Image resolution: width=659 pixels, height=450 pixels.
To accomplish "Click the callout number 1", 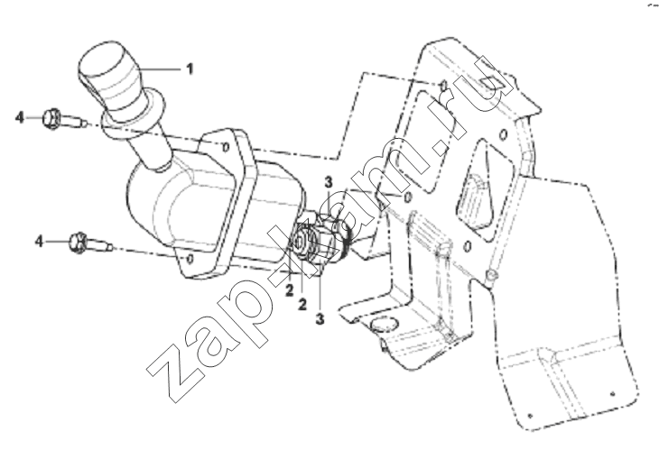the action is (x=190, y=69).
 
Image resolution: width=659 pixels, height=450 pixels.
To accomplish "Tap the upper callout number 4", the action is (x=20, y=117).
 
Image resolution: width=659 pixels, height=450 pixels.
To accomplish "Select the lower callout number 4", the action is (x=39, y=242).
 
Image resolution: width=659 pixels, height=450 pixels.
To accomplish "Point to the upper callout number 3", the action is (x=329, y=182).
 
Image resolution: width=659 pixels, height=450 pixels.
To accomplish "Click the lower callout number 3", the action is (x=320, y=318).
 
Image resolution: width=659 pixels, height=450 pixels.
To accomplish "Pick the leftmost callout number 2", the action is (x=289, y=290).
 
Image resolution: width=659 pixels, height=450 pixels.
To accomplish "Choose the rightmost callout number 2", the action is (x=302, y=304).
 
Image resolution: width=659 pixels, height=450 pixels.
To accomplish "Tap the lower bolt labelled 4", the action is (x=90, y=243).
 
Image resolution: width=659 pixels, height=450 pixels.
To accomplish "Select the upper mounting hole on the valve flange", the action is (x=226, y=147).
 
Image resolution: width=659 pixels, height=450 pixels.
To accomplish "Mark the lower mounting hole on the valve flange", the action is (x=190, y=259).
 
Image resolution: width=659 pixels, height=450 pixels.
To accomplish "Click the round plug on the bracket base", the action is (x=385, y=325).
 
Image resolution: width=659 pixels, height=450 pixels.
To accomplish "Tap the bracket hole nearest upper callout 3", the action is (x=407, y=197).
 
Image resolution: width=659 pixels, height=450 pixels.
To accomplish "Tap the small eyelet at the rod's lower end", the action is (x=491, y=275).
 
